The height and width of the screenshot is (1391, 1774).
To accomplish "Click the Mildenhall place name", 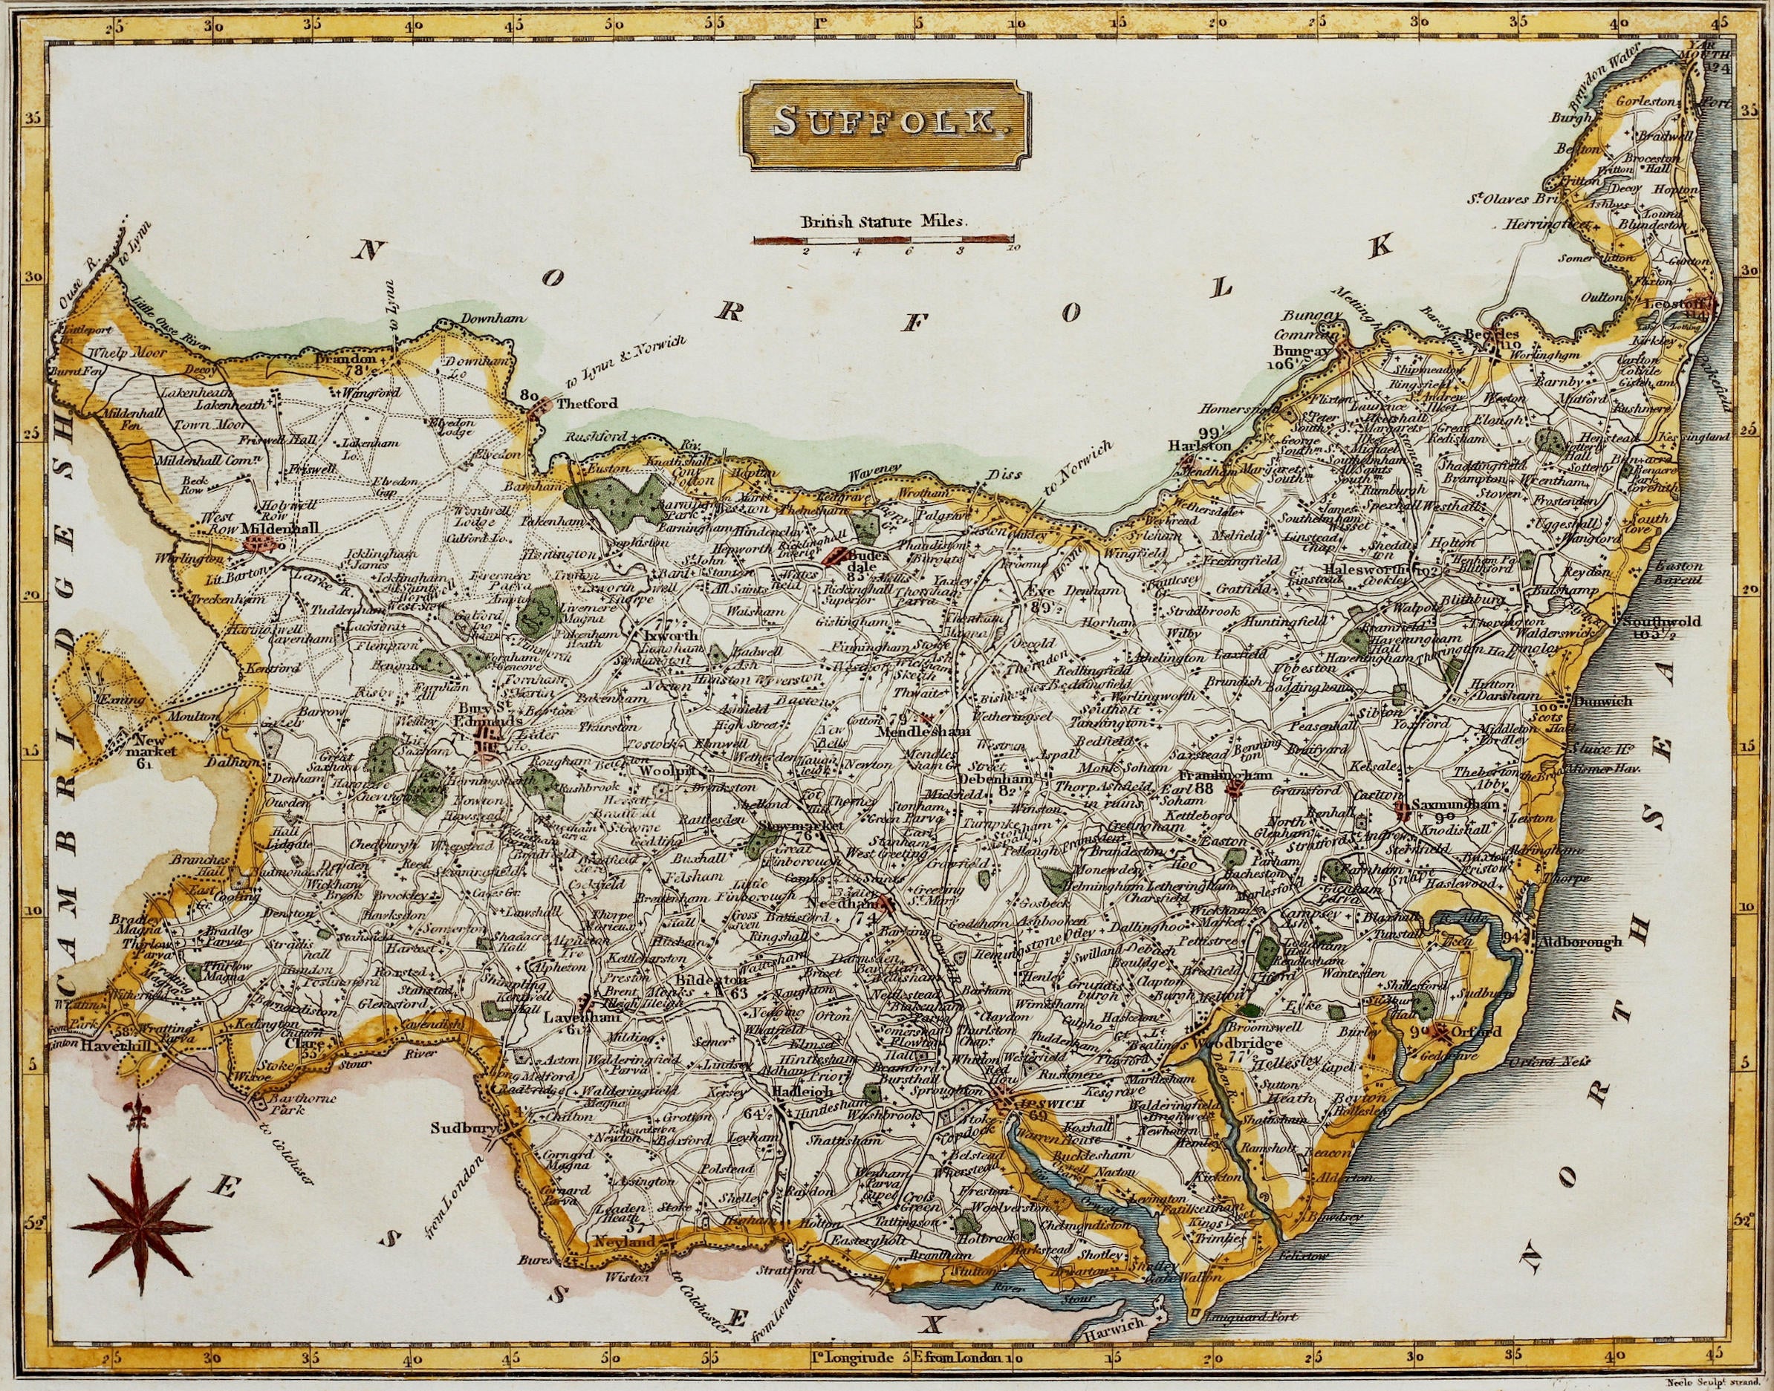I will (280, 528).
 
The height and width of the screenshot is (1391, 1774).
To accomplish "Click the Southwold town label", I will (1649, 622).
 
